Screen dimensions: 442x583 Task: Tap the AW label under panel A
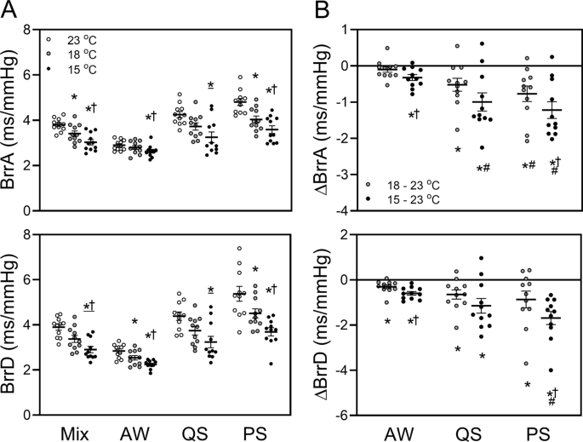click(126, 432)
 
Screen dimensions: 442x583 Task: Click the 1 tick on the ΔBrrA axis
click(349, 30)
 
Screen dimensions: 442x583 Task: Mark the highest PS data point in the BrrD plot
click(240, 249)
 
